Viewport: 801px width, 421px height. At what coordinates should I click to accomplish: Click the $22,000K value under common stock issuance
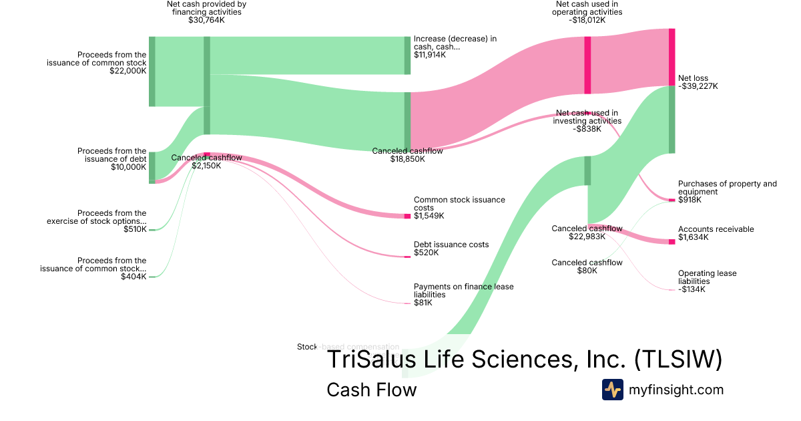click(128, 71)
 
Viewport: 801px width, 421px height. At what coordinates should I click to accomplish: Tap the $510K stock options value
click(135, 229)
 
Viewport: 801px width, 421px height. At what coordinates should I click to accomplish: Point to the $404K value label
click(133, 276)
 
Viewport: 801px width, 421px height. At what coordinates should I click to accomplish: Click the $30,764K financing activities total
click(206, 20)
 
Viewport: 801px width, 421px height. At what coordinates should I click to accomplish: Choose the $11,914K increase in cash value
click(429, 55)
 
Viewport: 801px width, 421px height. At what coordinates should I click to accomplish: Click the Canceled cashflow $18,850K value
click(407, 159)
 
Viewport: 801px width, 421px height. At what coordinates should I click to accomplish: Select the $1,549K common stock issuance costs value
click(429, 216)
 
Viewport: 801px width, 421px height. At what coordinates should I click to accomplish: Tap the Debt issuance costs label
click(451, 245)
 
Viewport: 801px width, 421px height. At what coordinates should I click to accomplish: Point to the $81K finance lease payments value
click(423, 303)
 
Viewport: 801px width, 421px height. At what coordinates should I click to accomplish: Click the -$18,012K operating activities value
click(587, 20)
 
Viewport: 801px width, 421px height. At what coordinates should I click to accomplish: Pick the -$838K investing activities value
click(587, 129)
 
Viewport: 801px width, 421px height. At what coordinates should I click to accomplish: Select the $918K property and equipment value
click(691, 200)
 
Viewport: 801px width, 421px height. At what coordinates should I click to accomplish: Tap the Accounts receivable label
click(716, 229)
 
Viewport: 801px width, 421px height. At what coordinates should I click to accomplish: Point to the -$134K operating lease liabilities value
click(692, 289)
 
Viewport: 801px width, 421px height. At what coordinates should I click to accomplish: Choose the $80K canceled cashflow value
click(587, 271)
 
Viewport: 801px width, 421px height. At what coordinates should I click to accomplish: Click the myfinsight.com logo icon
click(612, 390)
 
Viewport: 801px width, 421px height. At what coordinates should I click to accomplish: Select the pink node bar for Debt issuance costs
click(407, 257)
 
